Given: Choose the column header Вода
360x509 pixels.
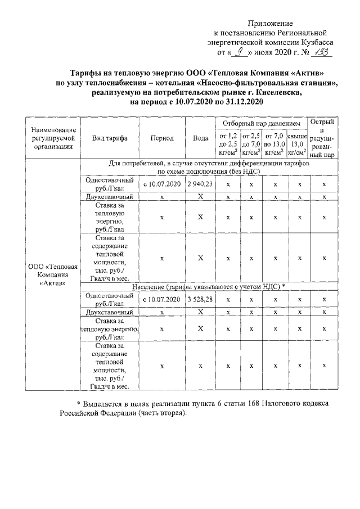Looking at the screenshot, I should pyautogui.click(x=200, y=138).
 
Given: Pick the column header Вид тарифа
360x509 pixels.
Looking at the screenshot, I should pyautogui.click(x=109, y=138).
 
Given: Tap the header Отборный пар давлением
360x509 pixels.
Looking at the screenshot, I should pyautogui.click(x=261, y=123).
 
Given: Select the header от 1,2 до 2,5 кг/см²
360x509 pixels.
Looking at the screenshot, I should pyautogui.click(x=227, y=143).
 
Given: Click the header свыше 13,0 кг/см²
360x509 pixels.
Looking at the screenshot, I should pyautogui.click(x=297, y=143).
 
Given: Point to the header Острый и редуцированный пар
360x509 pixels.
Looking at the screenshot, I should pyautogui.click(x=324, y=138).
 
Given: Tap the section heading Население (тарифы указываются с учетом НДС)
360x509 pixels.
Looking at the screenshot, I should pyautogui.click(x=209, y=287).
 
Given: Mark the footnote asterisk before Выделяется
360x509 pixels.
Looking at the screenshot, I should pyautogui.click(x=79, y=404).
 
